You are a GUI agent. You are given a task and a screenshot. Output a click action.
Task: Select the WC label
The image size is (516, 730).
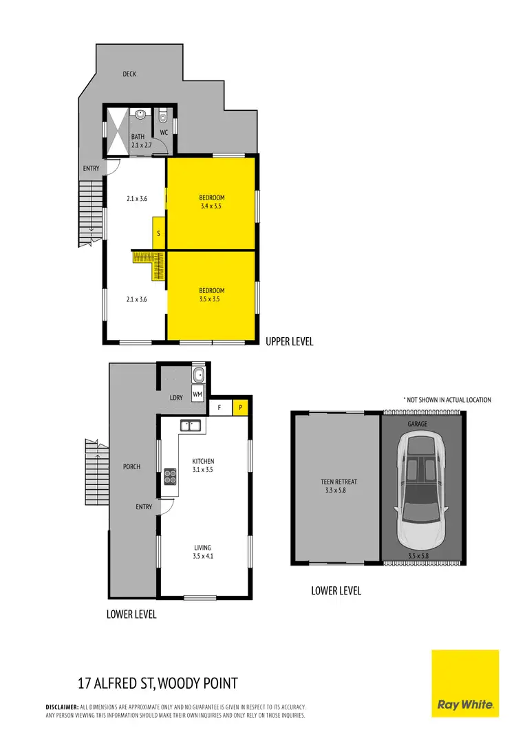click(164, 131)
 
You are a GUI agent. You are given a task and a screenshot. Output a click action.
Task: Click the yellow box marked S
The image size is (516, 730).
click(159, 233)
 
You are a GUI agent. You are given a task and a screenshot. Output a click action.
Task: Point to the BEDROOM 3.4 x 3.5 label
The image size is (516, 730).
click(212, 202)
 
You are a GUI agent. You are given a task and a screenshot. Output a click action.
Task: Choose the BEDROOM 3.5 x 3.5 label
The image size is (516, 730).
click(212, 294)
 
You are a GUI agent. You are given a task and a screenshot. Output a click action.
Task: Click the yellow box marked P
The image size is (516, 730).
click(241, 407)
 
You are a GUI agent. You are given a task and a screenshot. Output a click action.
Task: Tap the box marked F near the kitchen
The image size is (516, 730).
click(219, 407)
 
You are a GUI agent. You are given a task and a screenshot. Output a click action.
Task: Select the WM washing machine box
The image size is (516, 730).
click(197, 394)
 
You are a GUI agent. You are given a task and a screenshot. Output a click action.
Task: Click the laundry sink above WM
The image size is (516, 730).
click(198, 376)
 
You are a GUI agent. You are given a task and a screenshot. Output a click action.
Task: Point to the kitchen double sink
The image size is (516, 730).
click(191, 425)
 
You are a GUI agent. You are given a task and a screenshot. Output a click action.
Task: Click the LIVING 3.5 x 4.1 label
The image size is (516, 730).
click(203, 552)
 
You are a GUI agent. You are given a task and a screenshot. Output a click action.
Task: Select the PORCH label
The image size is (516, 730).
click(131, 466)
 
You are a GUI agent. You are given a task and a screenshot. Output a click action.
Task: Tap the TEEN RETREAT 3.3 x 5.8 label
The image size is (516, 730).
click(336, 486)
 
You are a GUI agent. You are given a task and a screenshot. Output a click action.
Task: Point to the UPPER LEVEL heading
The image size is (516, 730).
click(290, 341)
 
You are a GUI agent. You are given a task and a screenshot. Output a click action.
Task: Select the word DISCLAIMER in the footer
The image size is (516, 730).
click(62, 707)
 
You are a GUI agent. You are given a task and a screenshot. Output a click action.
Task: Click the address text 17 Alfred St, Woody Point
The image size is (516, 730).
click(158, 683)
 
